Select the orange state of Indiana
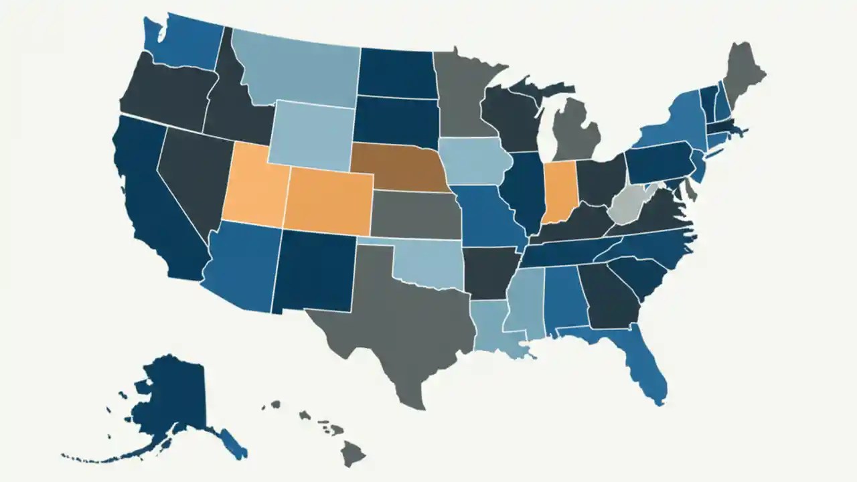(560, 190)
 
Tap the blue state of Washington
(181, 44)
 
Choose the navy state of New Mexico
(315, 271)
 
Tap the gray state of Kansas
(415, 214)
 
